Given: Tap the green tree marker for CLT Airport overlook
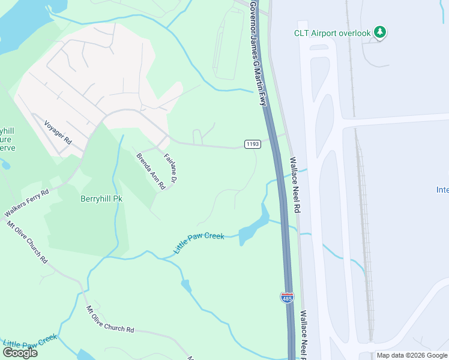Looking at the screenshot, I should tap(379, 32).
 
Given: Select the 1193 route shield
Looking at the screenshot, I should tap(252, 144).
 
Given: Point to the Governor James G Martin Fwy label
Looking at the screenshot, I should tap(258, 53).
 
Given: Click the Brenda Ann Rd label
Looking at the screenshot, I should tap(150, 171).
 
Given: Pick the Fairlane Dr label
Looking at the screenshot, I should tap(170, 168).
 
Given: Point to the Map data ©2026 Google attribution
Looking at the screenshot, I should tap(412, 355).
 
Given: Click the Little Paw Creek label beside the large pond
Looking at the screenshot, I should tap(199, 243).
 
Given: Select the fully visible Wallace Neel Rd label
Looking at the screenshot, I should tap(295, 185).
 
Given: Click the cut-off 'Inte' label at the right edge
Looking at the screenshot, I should tap(442, 190).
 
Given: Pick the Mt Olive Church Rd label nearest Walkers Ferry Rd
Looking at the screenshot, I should tap(27, 242).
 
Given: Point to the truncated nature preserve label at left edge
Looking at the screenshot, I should tap(8, 139).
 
